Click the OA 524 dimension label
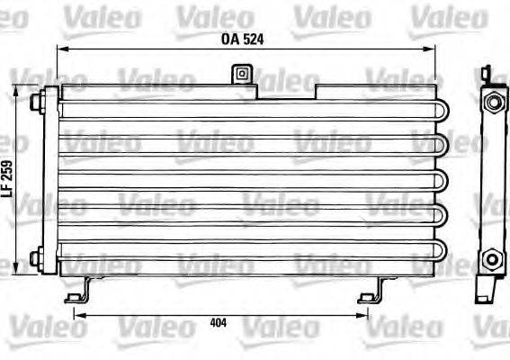[x=242, y=39]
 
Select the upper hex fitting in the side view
[x=492, y=103]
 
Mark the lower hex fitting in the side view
[x=492, y=260]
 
